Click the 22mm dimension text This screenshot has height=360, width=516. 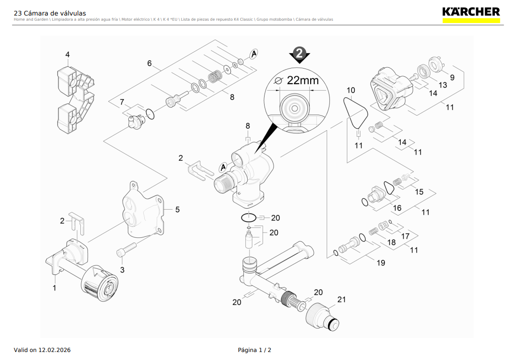point(302,80)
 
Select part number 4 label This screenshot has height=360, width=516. point(67,55)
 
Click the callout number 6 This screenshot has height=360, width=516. point(149,63)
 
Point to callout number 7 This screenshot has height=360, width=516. point(122,102)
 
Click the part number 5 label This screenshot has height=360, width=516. point(177,210)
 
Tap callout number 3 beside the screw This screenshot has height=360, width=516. point(122,270)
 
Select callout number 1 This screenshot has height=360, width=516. point(54,288)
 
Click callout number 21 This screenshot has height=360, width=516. point(341,299)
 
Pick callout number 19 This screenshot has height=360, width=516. point(381,263)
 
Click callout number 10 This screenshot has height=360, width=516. point(351,90)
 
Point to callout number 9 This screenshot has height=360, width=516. point(452,78)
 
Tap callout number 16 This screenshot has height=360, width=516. point(397,208)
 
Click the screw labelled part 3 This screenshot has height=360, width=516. point(125,250)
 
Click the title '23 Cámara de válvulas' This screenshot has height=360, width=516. point(50,13)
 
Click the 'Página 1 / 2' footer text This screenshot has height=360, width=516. point(254,350)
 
